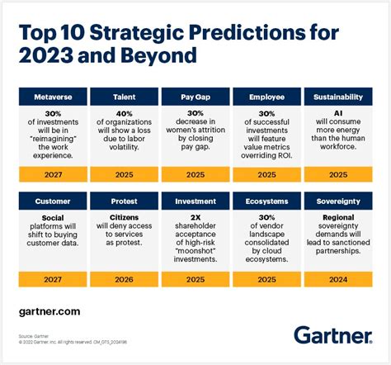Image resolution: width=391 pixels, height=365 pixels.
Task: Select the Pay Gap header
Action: tap(195, 97)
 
